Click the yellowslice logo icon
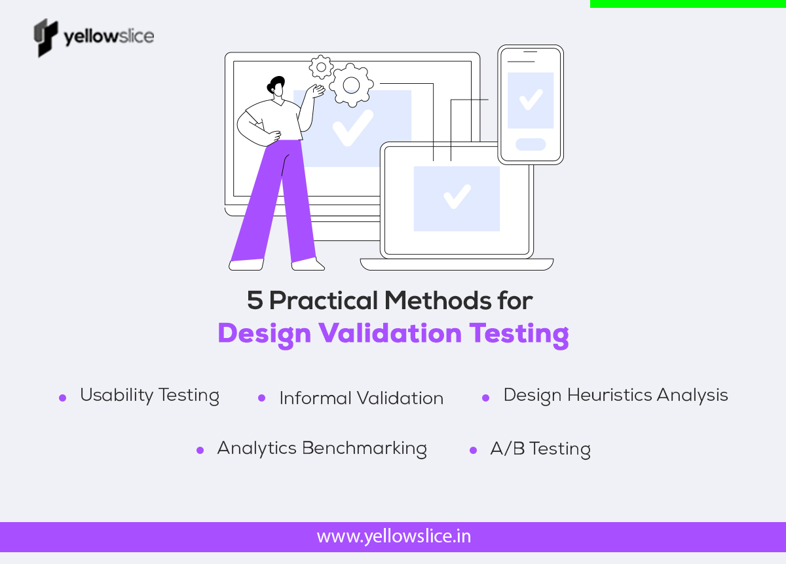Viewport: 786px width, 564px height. (x=45, y=37)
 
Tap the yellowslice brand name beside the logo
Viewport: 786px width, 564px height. (x=109, y=36)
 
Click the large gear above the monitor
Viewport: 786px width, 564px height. (x=351, y=85)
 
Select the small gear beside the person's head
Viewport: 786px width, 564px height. (x=321, y=67)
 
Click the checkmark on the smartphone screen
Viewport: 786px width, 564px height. (x=530, y=100)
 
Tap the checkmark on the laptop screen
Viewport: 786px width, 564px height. (x=457, y=197)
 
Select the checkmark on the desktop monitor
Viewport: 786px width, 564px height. (x=352, y=127)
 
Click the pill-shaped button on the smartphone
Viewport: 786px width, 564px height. (x=530, y=144)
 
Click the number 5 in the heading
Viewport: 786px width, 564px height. (x=254, y=301)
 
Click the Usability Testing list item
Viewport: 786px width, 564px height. (x=149, y=396)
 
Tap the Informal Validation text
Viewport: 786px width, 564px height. (x=361, y=398)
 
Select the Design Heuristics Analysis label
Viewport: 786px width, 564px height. (x=615, y=396)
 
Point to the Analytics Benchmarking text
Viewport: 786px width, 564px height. (x=322, y=449)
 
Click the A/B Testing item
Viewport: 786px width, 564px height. (x=540, y=449)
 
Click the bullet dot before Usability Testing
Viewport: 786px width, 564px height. (x=63, y=398)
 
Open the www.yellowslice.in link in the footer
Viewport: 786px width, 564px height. (x=393, y=537)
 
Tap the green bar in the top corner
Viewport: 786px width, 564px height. (x=688, y=3)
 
